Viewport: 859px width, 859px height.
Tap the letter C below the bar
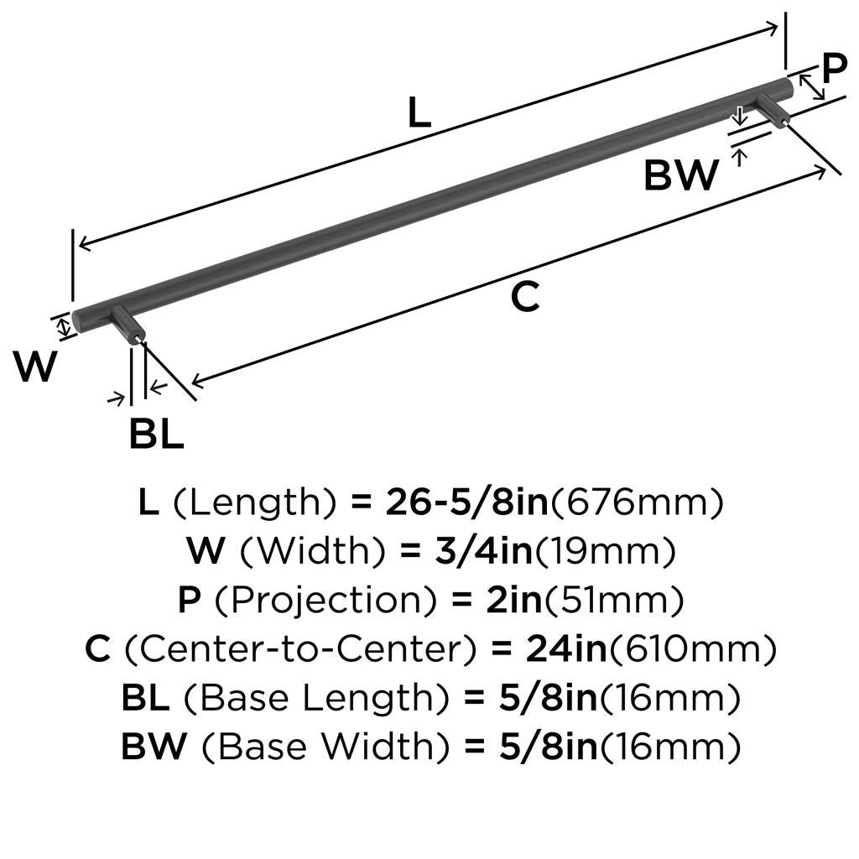[x=525, y=296]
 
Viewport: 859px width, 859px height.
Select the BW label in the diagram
[x=681, y=174]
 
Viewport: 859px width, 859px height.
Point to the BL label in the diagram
[x=156, y=434]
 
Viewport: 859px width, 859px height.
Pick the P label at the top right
[x=835, y=69]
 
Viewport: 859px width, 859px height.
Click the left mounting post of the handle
[x=128, y=325]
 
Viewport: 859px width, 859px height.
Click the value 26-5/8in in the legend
[x=467, y=502]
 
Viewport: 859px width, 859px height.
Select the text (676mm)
[x=637, y=502]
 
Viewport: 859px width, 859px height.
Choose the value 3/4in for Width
[x=484, y=550]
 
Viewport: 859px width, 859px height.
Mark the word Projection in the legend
[x=326, y=600]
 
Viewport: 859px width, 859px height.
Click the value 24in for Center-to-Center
[x=567, y=649]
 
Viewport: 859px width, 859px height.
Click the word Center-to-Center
[x=302, y=649]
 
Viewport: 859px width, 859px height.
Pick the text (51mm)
[x=613, y=601]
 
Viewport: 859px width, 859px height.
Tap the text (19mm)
[x=605, y=552]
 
